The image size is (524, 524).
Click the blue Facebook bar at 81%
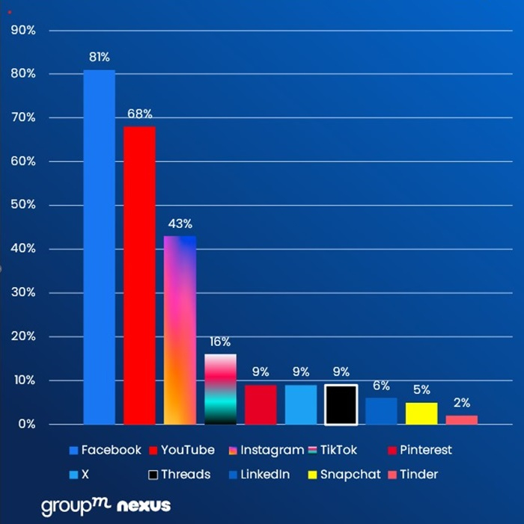pyautogui.click(x=99, y=247)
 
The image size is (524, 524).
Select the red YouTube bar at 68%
pyautogui.click(x=139, y=275)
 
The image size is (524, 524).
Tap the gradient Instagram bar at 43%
pyautogui.click(x=180, y=330)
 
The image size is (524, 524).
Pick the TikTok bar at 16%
pyautogui.click(x=220, y=389)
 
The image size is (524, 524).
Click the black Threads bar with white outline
pyautogui.click(x=341, y=404)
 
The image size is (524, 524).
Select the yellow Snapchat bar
pyautogui.click(x=421, y=413)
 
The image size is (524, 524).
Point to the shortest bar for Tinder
pyautogui.click(x=462, y=419)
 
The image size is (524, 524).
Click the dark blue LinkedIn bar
pyautogui.click(x=381, y=411)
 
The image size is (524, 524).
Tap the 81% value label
pyautogui.click(x=99, y=57)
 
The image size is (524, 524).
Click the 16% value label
pyautogui.click(x=220, y=341)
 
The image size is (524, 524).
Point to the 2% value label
pyautogui.click(x=462, y=402)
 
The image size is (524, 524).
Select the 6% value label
pyautogui.click(x=381, y=386)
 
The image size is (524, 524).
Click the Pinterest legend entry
pyautogui.click(x=419, y=450)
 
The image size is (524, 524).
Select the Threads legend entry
pyautogui.click(x=180, y=475)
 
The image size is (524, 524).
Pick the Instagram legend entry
pyautogui.click(x=266, y=450)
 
